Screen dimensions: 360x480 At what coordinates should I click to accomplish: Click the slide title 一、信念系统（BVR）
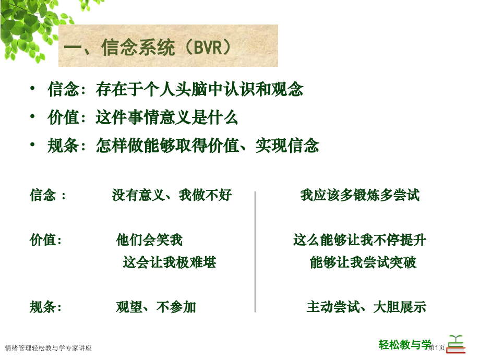tap(148, 49)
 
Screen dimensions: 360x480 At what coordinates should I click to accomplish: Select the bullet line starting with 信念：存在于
tap(175, 90)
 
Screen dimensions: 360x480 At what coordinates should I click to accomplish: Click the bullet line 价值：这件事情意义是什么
tap(142, 118)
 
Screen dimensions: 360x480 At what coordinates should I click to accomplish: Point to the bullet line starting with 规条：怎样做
tap(183, 146)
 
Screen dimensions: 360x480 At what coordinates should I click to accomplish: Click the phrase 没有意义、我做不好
tap(172, 196)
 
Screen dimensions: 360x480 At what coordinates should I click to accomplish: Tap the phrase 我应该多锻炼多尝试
tap(360, 196)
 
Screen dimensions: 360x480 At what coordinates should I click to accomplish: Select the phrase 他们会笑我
tap(149, 241)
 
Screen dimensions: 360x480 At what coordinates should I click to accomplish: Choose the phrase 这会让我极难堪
tap(170, 262)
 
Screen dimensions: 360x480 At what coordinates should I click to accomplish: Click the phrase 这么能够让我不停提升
tap(359, 241)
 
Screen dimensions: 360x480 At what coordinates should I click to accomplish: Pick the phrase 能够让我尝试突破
tap(363, 262)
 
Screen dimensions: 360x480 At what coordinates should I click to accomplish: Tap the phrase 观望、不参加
tap(156, 307)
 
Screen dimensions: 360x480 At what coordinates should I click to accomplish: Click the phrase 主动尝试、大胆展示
tap(366, 307)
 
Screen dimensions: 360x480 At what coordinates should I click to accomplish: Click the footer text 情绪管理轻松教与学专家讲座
tap(48, 348)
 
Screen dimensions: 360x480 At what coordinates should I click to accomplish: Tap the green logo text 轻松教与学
tap(405, 344)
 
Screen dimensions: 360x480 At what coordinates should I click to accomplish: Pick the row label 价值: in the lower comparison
tap(46, 241)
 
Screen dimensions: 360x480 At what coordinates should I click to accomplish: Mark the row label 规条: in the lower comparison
tap(46, 307)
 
